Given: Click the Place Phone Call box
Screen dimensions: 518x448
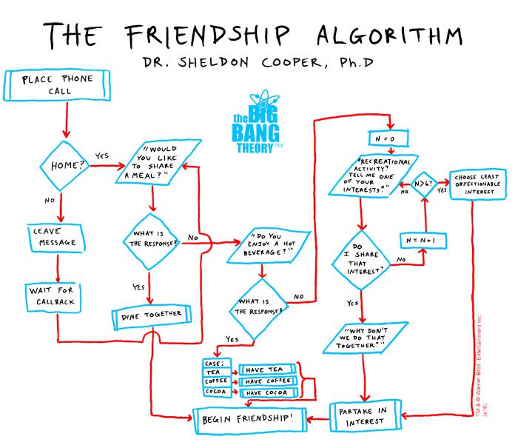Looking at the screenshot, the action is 57,85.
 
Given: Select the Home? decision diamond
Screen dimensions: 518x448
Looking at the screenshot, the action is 64,166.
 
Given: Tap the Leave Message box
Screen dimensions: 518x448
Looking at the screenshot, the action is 56,238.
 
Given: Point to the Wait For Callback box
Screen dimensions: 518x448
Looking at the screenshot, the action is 53,298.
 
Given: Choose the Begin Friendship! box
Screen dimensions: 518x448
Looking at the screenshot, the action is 250,420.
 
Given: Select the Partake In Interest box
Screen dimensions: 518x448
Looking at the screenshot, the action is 366,416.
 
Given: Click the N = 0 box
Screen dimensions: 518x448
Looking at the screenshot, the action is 388,138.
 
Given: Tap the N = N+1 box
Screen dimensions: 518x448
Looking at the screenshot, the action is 423,241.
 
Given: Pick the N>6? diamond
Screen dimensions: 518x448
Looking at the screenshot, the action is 424,184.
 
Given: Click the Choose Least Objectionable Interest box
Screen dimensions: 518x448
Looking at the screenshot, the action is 478,184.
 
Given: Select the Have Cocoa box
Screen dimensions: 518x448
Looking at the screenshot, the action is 269,392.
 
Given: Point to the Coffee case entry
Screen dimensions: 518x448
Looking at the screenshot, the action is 217,381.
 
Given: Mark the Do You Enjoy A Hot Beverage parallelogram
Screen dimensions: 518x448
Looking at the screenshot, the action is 268,245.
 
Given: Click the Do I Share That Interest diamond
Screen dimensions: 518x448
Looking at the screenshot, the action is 362,260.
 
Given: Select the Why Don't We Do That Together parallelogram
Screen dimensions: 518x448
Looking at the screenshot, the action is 366,338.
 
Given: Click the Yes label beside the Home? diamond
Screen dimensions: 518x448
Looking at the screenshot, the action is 102,156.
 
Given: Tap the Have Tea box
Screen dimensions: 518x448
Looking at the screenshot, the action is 267,370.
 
